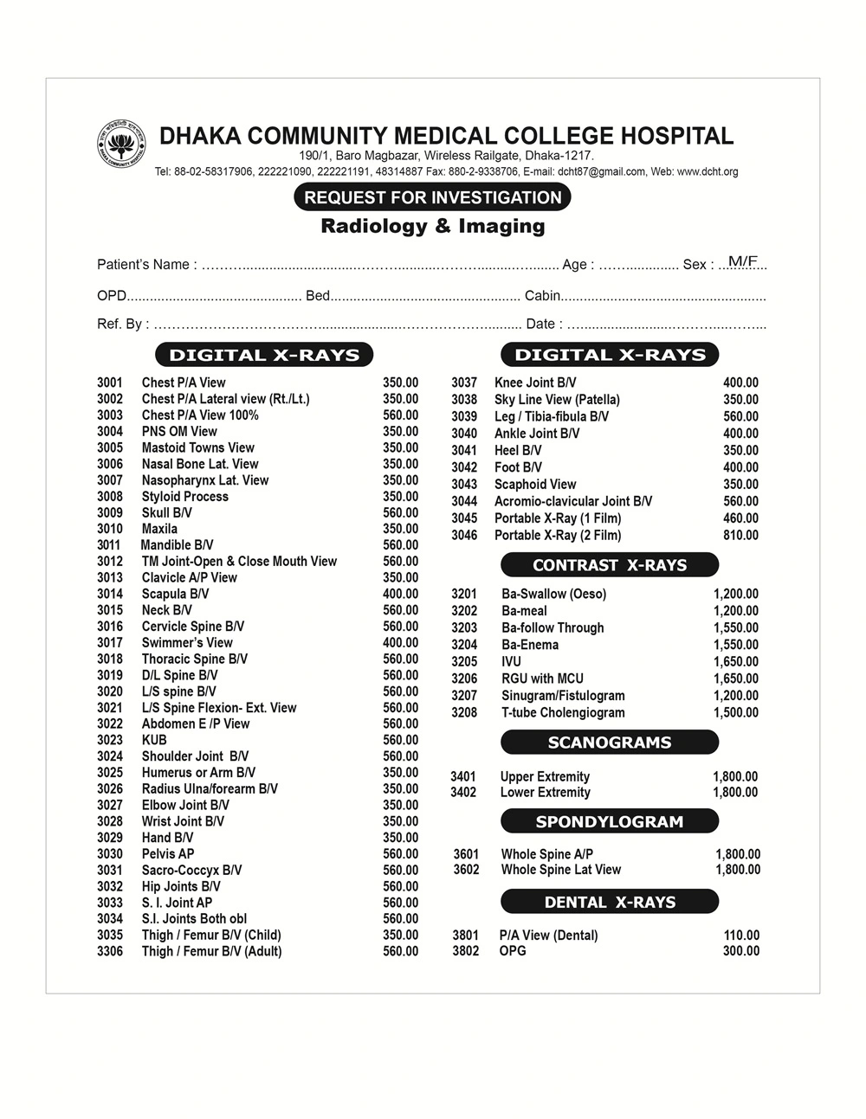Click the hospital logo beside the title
coord(120,142)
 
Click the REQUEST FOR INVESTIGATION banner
coord(432,197)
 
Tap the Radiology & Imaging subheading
coord(432,227)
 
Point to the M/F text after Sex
coord(742,260)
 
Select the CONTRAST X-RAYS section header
coord(610,565)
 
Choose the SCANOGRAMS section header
coord(610,743)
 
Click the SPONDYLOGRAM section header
coord(610,821)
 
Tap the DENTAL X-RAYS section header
coord(610,902)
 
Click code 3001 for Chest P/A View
coord(110,383)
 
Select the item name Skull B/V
coord(167,512)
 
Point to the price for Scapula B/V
coord(400,594)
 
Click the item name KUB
coord(154,740)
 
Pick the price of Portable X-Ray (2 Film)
coord(740,535)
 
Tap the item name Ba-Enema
coord(530,645)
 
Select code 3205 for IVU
coord(464,662)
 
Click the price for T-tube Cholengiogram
coord(735,712)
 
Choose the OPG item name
coord(513,950)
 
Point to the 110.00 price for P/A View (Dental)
coord(741,935)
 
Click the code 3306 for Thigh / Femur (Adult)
coord(110,951)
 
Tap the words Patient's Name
coord(143,264)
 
